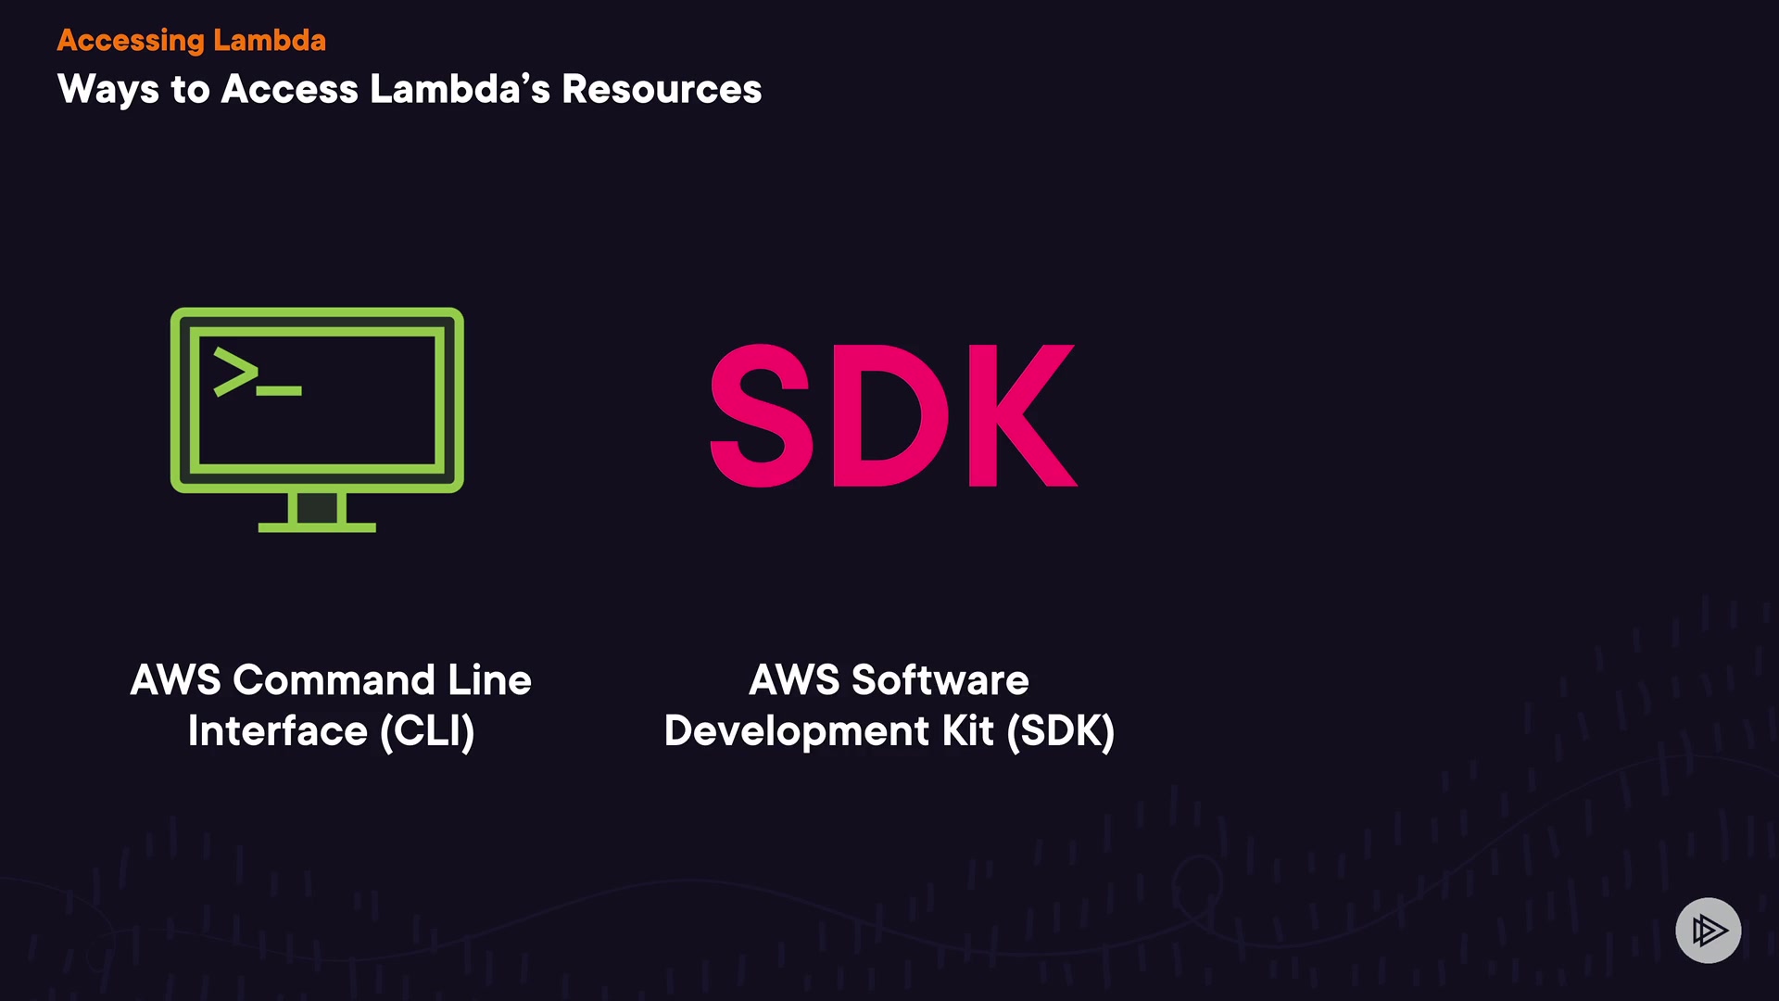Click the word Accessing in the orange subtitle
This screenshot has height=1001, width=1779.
(130, 41)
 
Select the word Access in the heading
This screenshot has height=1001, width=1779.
(289, 90)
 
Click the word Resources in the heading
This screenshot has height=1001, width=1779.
(662, 90)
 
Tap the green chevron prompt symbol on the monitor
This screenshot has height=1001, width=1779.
(235, 372)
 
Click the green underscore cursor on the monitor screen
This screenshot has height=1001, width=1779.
(279, 391)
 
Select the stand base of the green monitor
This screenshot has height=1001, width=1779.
(317, 526)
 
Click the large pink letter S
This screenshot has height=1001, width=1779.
(761, 414)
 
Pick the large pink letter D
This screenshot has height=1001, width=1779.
(890, 414)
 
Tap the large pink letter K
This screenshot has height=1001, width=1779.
(1021, 414)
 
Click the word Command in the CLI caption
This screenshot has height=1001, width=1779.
(334, 680)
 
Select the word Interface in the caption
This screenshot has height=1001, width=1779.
(277, 731)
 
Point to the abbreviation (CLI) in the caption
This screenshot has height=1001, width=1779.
(427, 731)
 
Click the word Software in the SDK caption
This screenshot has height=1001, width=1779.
(940, 680)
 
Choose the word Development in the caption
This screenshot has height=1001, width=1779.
(796, 731)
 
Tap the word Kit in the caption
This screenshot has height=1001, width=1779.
(967, 731)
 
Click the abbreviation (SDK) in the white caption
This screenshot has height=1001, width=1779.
(1060, 731)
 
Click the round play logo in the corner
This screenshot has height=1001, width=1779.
(1708, 930)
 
